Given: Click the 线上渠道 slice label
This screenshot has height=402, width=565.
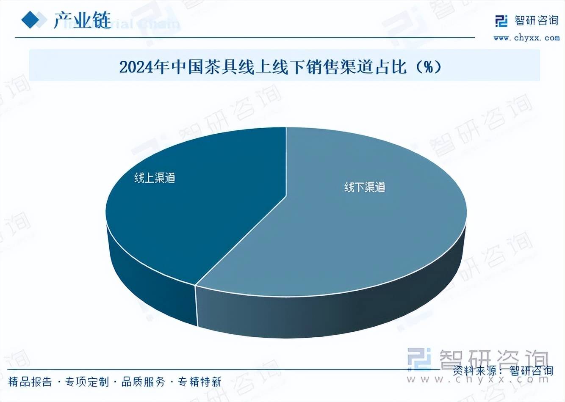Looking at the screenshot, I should pyautogui.click(x=155, y=178).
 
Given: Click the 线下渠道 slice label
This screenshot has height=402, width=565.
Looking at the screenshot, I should pyautogui.click(x=364, y=187).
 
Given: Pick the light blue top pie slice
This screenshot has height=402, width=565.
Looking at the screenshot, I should pyautogui.click(x=339, y=237).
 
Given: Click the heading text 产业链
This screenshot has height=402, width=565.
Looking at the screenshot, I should pyautogui.click(x=82, y=20).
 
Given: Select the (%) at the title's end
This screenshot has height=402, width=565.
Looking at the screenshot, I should pyautogui.click(x=429, y=67).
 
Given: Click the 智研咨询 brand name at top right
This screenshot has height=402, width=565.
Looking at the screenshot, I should pyautogui.click(x=537, y=20).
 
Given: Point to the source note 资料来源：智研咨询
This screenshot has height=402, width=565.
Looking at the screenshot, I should pyautogui.click(x=503, y=371).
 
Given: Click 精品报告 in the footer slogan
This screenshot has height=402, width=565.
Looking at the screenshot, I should pyautogui.click(x=30, y=382).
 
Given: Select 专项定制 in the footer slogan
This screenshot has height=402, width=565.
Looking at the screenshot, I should pyautogui.click(x=87, y=382).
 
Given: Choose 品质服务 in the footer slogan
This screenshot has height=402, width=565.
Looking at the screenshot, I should pyautogui.click(x=143, y=382).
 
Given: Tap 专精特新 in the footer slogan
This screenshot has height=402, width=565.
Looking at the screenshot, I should pyautogui.click(x=199, y=382).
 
